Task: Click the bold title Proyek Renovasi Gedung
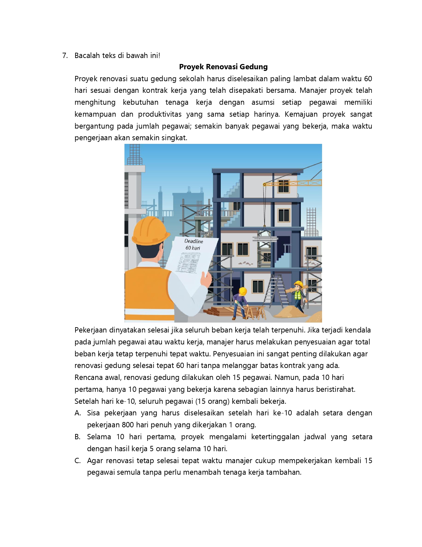coord(223,67)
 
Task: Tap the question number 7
coord(65,55)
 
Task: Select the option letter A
coord(78,413)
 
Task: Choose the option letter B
coord(78,437)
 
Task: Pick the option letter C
coord(78,461)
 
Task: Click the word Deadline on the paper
coord(194,241)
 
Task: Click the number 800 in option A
coord(128,425)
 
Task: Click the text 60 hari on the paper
coord(193,248)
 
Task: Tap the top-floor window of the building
coord(283,186)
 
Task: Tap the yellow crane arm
coord(298,183)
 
